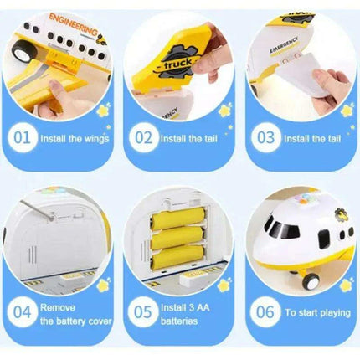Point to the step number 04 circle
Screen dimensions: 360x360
(x=23, y=311)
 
